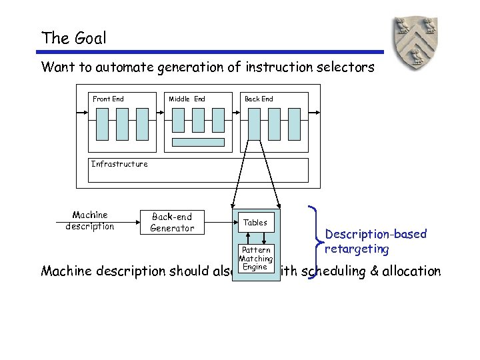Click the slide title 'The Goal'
73,38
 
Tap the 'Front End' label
108,99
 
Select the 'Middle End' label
187,99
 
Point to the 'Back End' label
259,99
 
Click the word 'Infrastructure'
119,164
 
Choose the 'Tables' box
255,223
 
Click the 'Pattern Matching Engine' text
256,259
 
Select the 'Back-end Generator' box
172,223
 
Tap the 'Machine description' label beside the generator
90,221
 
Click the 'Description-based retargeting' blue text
375,241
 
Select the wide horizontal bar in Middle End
199,142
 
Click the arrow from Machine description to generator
126,222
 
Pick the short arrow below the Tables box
264,239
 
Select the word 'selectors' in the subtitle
347,67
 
